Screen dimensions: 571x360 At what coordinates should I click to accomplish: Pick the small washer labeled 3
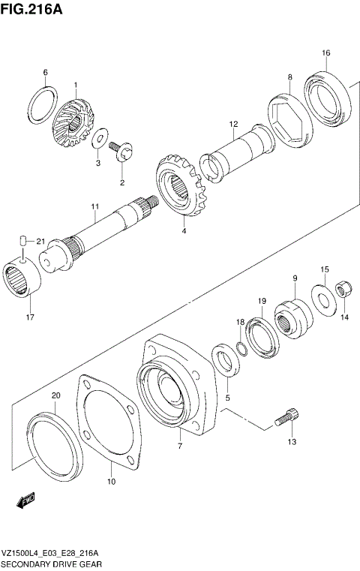click(98, 137)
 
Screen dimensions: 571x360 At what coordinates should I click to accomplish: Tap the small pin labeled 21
click(23, 241)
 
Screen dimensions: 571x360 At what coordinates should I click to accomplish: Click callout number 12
click(233, 124)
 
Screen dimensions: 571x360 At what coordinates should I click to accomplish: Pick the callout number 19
click(262, 301)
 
